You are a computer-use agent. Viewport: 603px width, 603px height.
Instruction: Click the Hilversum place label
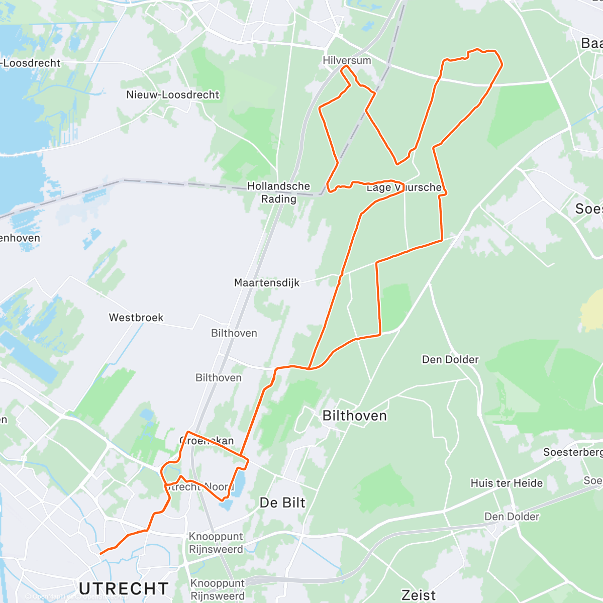pos(347,60)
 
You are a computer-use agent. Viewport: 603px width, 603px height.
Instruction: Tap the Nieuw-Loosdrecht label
pos(172,94)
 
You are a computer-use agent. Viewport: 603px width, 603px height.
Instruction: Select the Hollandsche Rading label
pos(278,192)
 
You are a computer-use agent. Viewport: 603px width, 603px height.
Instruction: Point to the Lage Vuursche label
pos(404,187)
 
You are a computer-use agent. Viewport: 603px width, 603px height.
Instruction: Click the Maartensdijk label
pos(266,282)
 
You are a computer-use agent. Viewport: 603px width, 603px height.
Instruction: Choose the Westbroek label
pos(136,317)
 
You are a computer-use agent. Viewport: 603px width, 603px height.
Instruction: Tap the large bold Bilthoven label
pos(354,416)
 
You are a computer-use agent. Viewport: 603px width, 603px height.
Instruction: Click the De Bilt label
pos(282,502)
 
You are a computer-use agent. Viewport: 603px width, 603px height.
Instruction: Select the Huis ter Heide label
pos(507,483)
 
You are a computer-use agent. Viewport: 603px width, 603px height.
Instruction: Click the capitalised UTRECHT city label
pos(124,588)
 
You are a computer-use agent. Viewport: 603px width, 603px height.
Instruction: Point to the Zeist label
pos(419,595)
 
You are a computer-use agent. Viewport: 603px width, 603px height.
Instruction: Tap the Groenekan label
pos(207,441)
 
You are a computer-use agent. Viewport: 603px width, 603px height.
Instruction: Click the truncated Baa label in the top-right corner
pos(591,43)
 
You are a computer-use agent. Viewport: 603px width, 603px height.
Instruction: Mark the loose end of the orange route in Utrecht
pos(101,553)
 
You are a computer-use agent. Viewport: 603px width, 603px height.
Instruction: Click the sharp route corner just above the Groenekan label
pos(188,432)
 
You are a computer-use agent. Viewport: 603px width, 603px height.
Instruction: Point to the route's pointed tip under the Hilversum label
pos(346,66)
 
